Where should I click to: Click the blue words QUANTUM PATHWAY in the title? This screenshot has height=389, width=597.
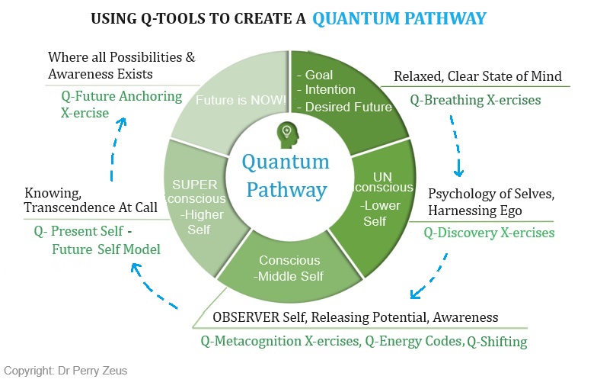pos(399,18)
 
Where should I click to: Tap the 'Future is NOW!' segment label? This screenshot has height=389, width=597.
pos(231,100)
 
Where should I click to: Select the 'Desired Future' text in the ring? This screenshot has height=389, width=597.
pos(348,107)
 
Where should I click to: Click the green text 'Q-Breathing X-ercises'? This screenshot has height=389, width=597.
pos(476,99)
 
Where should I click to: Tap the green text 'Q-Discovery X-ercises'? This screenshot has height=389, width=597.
pos(489,232)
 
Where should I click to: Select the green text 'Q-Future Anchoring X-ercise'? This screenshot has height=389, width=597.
pos(121,104)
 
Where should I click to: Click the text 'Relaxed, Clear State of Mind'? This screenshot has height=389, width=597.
pos(477,76)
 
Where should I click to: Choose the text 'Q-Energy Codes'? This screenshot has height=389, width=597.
pos(410,341)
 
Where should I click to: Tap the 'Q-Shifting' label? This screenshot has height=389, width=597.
pos(496,341)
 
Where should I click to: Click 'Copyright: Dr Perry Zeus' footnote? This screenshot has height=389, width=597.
pos(65,371)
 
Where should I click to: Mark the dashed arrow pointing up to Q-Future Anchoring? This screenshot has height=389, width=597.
pos(114,153)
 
